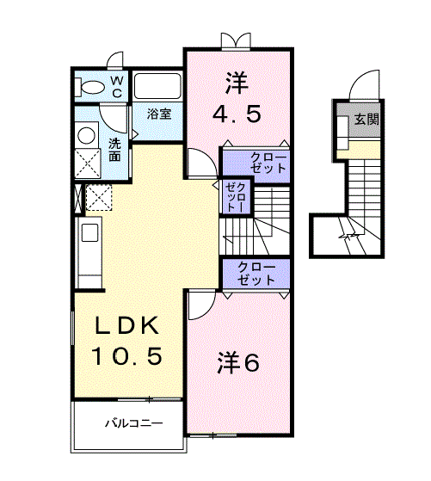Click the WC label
tap(117, 86)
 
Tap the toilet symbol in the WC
tap(89, 88)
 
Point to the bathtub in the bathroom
tap(157, 87)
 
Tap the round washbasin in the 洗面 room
tap(86, 135)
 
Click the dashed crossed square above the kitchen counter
tap(99, 197)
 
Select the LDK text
tap(127, 325)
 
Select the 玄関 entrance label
tap(367, 120)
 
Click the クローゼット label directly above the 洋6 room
tap(256, 274)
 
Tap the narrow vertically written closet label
tap(235, 197)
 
